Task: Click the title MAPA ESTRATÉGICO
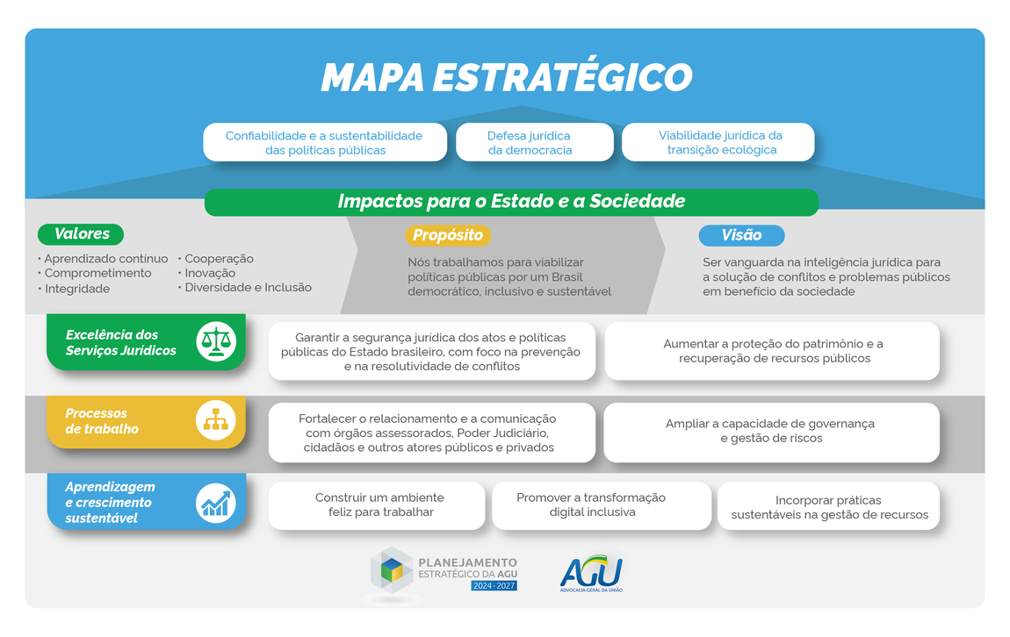point(506,77)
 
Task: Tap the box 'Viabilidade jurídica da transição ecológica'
point(718,142)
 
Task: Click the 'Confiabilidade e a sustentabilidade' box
point(324,142)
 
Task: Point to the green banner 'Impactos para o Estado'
point(511,202)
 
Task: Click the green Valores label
point(81,234)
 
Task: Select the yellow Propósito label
point(448,235)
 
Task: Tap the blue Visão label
point(741,235)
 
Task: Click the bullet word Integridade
point(76,289)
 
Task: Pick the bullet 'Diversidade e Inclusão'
point(248,287)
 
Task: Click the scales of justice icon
point(215,341)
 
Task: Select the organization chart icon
point(215,420)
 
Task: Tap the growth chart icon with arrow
point(215,503)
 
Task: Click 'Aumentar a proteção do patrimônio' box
point(773,351)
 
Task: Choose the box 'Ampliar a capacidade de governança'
point(770,431)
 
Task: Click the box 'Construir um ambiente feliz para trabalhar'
point(378,505)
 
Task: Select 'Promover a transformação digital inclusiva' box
point(602,505)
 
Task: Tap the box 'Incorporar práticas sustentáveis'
point(828,506)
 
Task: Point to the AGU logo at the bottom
point(591,573)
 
